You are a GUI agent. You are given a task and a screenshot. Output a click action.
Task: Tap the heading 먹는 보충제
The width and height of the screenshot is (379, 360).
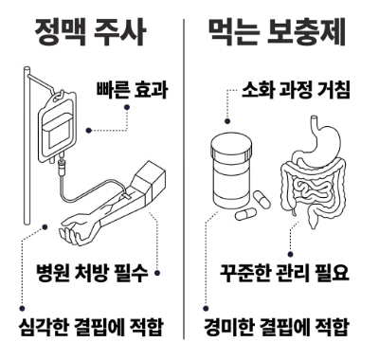coord(277,32)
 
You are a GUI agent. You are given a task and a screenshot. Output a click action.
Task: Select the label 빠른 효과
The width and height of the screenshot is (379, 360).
coord(132,90)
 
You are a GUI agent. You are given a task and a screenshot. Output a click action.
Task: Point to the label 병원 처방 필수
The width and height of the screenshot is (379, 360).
coord(92,272)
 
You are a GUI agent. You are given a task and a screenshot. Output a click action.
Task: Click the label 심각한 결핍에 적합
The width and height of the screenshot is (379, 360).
coord(91,327)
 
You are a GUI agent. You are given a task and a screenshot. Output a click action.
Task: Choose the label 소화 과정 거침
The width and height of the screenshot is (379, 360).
coord(296,90)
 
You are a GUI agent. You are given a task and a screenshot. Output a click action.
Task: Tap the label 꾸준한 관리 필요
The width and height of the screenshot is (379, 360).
coord(284,272)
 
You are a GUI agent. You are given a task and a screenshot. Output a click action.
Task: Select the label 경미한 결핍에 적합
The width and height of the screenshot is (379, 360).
coord(277,327)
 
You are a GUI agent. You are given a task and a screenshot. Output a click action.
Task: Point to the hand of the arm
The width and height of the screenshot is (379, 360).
coord(73,230)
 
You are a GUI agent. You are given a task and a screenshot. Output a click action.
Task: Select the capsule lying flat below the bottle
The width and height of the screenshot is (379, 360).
coord(245,215)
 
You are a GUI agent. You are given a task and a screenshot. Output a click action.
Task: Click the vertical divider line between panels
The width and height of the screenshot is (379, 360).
coord(184,179)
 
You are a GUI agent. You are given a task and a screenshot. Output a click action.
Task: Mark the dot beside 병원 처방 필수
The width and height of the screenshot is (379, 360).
coord(157,273)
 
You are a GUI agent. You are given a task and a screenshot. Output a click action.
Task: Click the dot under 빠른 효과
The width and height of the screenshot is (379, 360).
coord(127,107)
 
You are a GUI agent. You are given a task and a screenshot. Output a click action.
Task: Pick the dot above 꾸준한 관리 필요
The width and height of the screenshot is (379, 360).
coord(291,254)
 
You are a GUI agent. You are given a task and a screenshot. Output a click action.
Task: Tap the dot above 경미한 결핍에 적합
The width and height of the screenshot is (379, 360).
coord(206,308)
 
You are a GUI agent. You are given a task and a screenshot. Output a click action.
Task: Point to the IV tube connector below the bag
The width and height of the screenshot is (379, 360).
coord(61,169)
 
